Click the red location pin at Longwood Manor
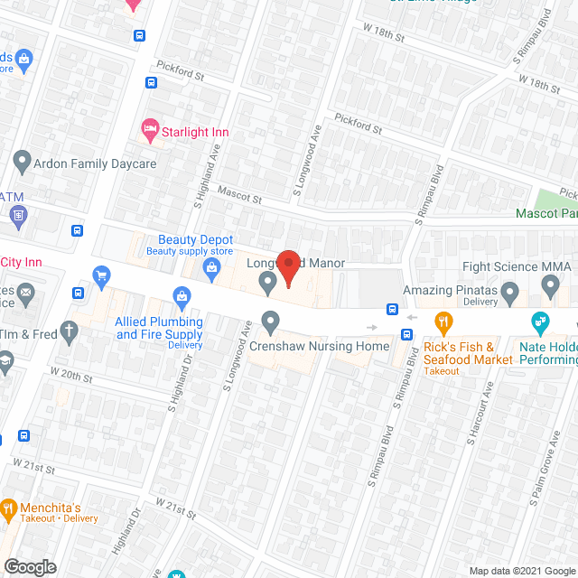[288, 268]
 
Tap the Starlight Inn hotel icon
[150, 132]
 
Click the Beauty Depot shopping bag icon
[211, 266]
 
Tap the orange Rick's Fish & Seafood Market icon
[443, 321]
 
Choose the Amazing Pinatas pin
[509, 291]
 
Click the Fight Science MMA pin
[551, 286]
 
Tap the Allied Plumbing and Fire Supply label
[159, 329]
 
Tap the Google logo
[30, 566]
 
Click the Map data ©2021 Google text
[521, 570]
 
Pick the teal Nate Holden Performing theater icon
[540, 321]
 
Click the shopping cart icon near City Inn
[101, 275]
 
